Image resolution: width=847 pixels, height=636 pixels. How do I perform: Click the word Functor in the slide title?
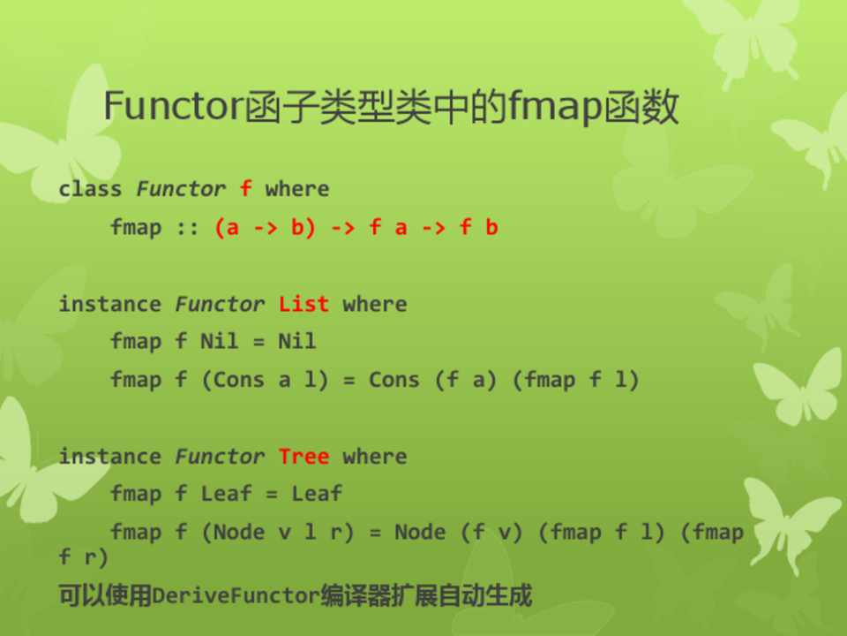coord(173,106)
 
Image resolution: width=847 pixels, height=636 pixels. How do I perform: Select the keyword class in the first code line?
coord(90,189)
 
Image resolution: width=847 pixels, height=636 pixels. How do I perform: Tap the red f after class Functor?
coord(246,188)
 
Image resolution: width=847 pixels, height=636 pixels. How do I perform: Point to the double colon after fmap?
coord(188,228)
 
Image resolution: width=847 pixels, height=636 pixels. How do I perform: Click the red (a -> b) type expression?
coord(265,227)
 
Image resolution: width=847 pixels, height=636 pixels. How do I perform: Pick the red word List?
coord(304,304)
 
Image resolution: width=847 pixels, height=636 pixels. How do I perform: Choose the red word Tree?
coord(304,457)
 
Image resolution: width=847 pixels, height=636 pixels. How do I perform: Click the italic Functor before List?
coord(220,304)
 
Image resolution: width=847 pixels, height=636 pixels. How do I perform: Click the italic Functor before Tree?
coord(220,457)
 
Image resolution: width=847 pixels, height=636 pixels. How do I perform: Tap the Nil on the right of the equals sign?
coord(296,341)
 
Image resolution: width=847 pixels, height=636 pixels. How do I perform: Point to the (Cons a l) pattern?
coord(265,380)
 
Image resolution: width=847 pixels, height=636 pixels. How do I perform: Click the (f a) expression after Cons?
coord(466,380)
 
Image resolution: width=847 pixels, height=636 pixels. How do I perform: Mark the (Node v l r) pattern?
coord(278,532)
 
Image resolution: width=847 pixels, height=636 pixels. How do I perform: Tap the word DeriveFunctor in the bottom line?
coord(236,595)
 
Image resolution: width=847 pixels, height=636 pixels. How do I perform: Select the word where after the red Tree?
coord(374,457)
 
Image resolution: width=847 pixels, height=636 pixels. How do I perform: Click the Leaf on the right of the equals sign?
coord(317,493)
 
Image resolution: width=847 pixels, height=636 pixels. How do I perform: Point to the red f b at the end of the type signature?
coord(478,227)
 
